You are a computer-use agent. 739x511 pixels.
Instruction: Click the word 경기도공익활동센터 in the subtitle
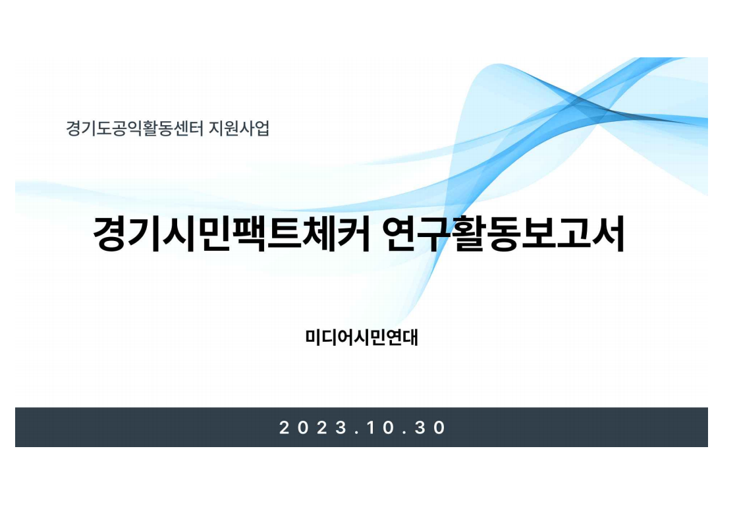[x=134, y=128]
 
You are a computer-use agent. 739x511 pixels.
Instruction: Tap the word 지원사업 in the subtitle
[x=239, y=128]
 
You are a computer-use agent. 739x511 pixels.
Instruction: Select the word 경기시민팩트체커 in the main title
[x=231, y=234]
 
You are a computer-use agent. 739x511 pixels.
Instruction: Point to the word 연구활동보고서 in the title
[x=503, y=234]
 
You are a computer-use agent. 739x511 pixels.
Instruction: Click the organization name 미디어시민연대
[x=362, y=338]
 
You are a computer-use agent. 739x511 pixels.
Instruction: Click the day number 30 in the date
[x=430, y=427]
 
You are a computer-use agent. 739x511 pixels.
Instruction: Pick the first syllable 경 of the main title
[x=110, y=234]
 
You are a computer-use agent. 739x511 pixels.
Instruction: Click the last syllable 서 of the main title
[x=609, y=234]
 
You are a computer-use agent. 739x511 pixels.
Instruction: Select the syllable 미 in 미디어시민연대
[x=313, y=338]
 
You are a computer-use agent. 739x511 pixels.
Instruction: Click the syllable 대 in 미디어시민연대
[x=410, y=338]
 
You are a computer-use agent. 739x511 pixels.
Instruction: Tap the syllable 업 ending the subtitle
[x=262, y=128]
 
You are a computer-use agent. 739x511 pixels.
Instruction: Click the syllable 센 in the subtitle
[x=180, y=128]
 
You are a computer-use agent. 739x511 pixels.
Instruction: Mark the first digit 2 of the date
[x=284, y=427]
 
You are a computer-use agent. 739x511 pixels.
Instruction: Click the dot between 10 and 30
[x=405, y=433]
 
